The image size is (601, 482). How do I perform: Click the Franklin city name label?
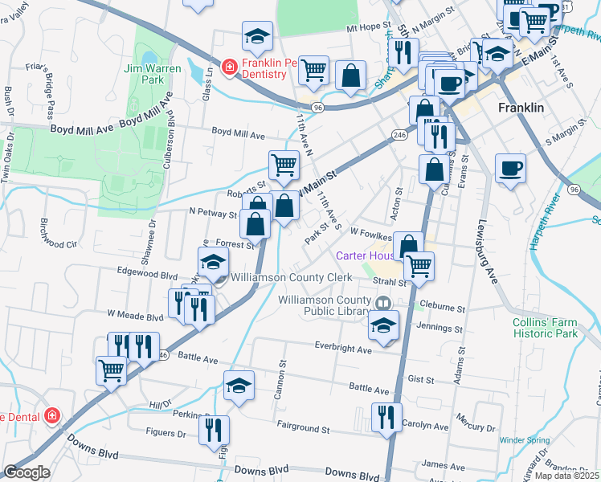tap(521, 107)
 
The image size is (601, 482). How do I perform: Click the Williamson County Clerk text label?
tap(292, 277)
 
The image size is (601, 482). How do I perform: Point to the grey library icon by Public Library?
tap(383, 304)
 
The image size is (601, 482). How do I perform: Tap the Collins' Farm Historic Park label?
tap(545, 328)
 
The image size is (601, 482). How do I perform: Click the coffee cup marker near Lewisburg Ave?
tap(510, 170)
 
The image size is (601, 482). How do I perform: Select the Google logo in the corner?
tap(26, 472)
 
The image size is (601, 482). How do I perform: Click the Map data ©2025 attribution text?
tap(567, 476)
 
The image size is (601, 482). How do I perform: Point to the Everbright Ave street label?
tap(343, 349)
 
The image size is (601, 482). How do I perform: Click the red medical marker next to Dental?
tap(51, 416)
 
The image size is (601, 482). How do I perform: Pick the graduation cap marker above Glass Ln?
tap(257, 36)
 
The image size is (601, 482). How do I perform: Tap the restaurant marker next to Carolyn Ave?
tap(386, 418)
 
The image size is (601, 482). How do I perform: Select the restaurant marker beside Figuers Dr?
tap(214, 431)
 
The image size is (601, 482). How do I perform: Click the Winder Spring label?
tap(524, 440)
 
